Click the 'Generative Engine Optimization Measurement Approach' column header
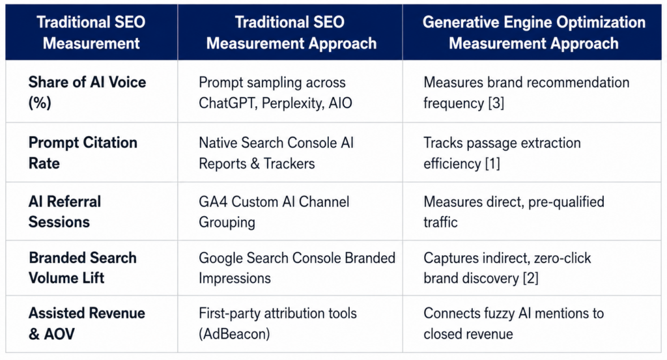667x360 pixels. point(533,33)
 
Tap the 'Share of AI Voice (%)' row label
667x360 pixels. point(87,92)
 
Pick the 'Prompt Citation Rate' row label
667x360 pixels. point(83,153)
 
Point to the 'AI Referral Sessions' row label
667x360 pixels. point(64,212)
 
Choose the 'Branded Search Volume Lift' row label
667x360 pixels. point(83,268)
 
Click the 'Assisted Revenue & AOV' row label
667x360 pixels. point(87,324)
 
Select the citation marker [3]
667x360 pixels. point(496,104)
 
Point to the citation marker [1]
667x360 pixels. point(492,163)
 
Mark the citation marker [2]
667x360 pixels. point(530,279)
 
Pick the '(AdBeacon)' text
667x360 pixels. point(234,334)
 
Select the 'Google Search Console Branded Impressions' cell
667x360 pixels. point(297,268)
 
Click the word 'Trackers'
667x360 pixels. point(289,163)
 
